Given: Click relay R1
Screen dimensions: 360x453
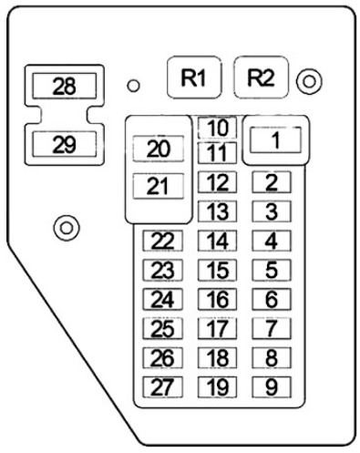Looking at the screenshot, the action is [x=194, y=77].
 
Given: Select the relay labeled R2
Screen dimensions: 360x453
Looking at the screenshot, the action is [x=261, y=77].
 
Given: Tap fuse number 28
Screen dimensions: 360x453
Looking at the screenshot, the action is [x=65, y=86].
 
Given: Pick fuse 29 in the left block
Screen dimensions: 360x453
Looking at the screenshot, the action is [x=65, y=144].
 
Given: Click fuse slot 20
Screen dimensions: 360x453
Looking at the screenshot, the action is [x=159, y=149].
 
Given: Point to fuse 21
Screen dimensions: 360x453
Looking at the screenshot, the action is [x=159, y=186].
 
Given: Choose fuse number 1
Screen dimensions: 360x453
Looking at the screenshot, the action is [x=275, y=140].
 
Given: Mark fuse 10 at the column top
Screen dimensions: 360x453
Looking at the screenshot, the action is [x=217, y=128].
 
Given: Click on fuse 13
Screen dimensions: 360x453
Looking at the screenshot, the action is [x=217, y=211].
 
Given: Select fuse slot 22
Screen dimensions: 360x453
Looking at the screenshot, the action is [x=162, y=241].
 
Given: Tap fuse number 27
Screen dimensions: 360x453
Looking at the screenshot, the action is [x=162, y=387].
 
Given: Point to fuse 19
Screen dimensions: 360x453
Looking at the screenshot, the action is [x=217, y=387].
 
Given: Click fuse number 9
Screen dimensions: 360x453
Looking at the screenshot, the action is [x=272, y=387].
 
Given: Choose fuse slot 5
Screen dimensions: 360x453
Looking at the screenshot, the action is [x=272, y=270].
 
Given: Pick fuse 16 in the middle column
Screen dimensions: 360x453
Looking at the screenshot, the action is [x=217, y=299].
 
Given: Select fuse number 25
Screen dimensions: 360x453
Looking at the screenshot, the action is [x=162, y=328].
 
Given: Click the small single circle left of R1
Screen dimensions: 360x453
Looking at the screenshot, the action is [x=133, y=86].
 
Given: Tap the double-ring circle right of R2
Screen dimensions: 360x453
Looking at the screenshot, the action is [x=309, y=81].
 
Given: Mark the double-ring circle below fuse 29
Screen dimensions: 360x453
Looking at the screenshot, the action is [x=67, y=228].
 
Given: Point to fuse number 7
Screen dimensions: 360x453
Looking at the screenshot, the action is [x=272, y=328].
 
